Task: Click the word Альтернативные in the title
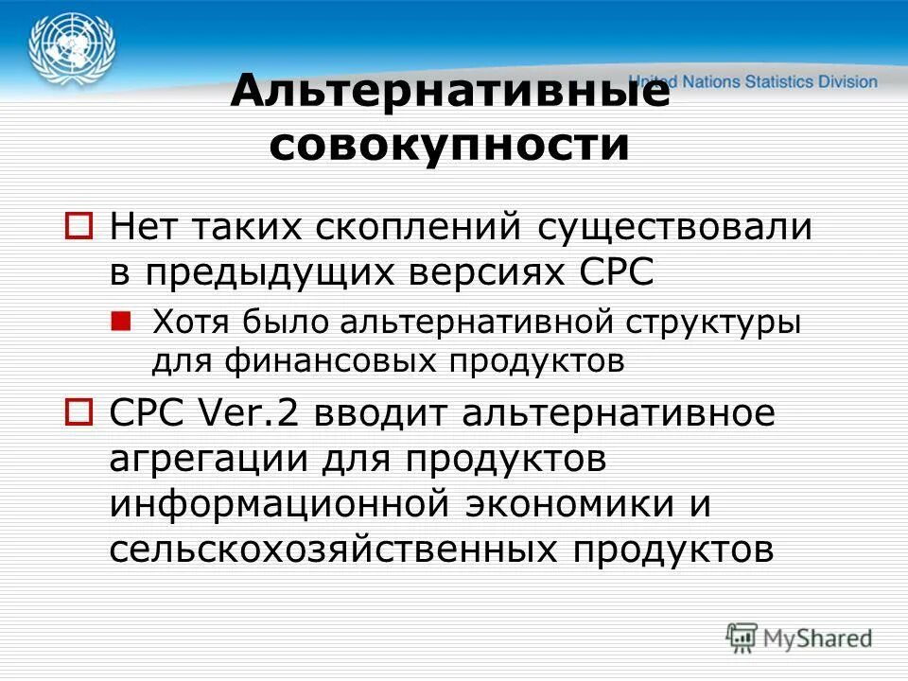click(x=450, y=93)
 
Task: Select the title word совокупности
click(x=450, y=146)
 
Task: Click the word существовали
click(x=675, y=228)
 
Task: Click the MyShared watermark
click(x=799, y=638)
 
